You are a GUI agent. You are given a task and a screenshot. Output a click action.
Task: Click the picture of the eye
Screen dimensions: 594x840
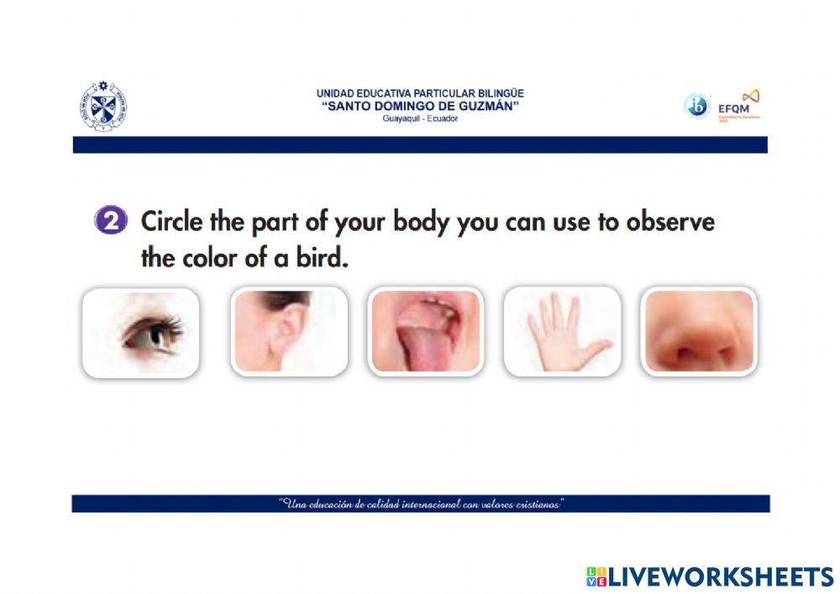pyautogui.click(x=140, y=332)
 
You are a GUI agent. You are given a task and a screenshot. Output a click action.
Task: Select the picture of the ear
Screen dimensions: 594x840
pyautogui.click(x=288, y=331)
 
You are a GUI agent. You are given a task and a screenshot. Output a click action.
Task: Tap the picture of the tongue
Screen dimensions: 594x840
pyautogui.click(x=425, y=331)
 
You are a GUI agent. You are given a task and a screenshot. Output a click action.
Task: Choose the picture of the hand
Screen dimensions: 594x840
pyautogui.click(x=561, y=331)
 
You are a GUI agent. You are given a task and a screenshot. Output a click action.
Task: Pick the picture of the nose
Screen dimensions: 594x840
pyautogui.click(x=698, y=331)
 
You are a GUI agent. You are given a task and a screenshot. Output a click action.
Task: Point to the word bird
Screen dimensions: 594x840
pyautogui.click(x=321, y=258)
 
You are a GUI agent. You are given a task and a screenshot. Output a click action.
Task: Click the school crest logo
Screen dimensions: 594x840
pyautogui.click(x=104, y=107)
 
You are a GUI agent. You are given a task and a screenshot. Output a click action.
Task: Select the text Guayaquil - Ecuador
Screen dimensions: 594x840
pyautogui.click(x=420, y=118)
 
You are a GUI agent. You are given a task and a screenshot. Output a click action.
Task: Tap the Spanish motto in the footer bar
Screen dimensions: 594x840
pyautogui.click(x=420, y=504)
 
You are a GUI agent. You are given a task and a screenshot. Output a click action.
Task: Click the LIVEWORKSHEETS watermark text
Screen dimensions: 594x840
pyautogui.click(x=720, y=576)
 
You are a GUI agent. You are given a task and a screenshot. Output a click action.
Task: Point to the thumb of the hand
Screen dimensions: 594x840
pyautogui.click(x=598, y=346)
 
